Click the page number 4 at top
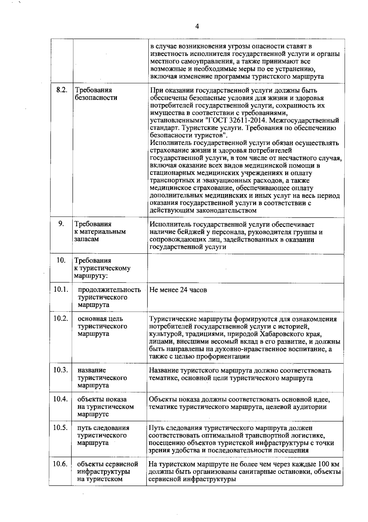(197, 27)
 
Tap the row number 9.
(61, 224)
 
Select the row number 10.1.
(60, 289)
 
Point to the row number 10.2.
(60, 318)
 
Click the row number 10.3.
(60, 370)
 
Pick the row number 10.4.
(60, 399)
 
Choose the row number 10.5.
(60, 428)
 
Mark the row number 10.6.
(60, 464)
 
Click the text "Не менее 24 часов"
(178, 290)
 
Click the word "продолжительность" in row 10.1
(109, 290)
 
